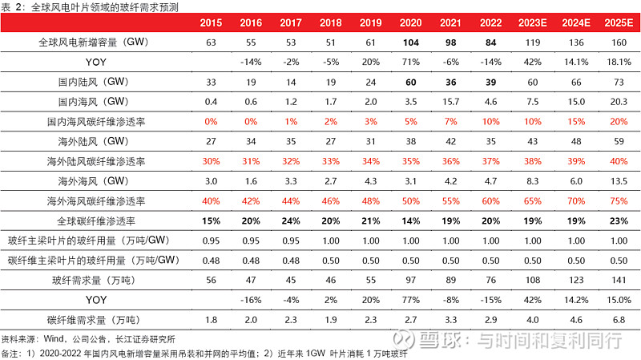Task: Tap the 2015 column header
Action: pyautogui.click(x=212, y=22)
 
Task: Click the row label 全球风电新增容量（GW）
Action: pyautogui.click(x=97, y=42)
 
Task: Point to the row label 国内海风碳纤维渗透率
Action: pyautogui.click(x=97, y=122)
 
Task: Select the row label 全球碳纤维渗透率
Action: pyautogui.click(x=97, y=220)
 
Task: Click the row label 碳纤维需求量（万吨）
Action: pyautogui.click(x=97, y=321)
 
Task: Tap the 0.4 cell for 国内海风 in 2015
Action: pyautogui.click(x=212, y=102)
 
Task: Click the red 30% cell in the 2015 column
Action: pyautogui.click(x=212, y=161)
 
